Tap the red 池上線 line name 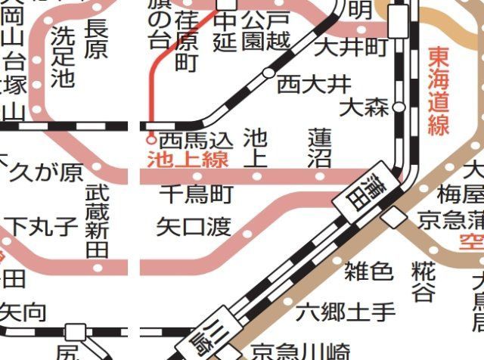click(188, 159)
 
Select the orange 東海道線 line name click(439, 91)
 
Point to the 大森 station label click(364, 107)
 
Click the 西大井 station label click(303, 84)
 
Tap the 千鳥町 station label click(196, 194)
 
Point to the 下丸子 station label click(42, 225)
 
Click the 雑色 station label click(368, 270)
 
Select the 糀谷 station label click(424, 281)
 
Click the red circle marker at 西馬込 click(151, 140)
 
